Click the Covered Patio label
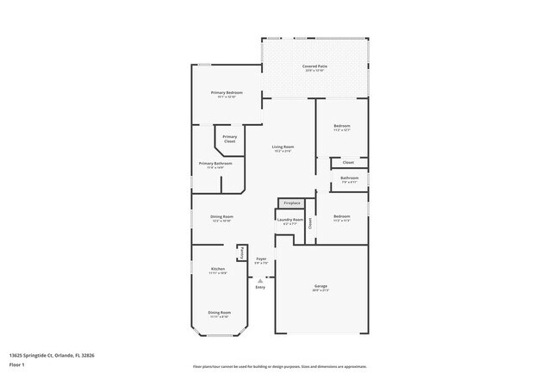[x=314, y=66]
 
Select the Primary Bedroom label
[x=227, y=93]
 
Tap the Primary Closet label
[x=229, y=138]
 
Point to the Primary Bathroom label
[x=215, y=164]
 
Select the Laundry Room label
[x=289, y=220]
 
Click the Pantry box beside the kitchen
[x=242, y=252]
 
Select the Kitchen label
[x=218, y=270]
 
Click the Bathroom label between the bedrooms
[x=349, y=178]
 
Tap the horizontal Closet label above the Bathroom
[x=348, y=162]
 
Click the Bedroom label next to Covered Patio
[x=342, y=127]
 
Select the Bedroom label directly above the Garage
[x=342, y=216]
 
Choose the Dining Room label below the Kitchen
[x=219, y=312]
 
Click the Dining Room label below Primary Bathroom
[x=221, y=217]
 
